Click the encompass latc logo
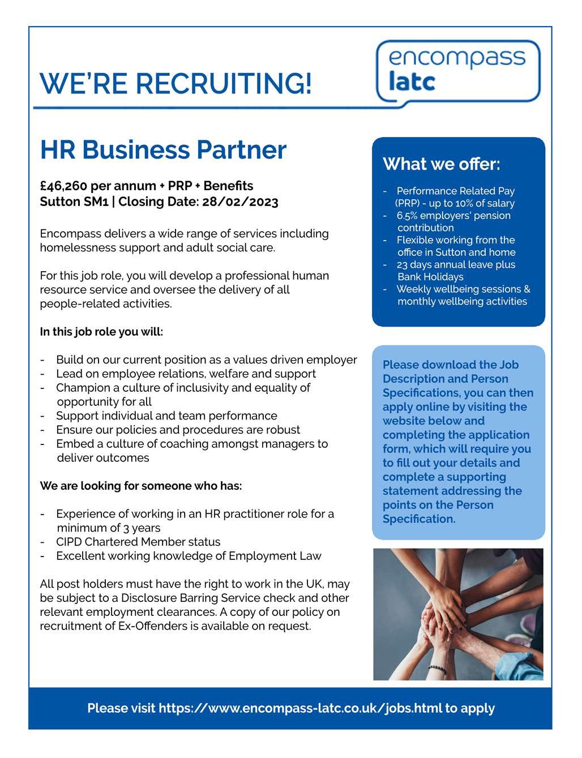458,70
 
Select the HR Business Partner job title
163,149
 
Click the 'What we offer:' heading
442,164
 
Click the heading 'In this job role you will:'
101,332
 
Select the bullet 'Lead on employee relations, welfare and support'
186,374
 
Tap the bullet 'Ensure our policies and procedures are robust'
178,430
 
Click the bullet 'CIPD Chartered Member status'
138,542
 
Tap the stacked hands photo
458,614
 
